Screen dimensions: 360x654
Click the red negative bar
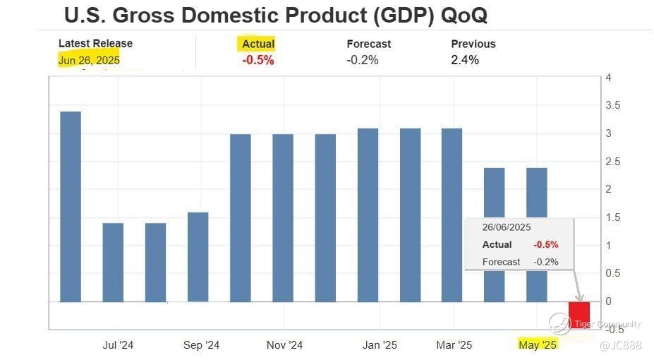579,314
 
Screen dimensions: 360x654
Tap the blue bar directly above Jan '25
368,215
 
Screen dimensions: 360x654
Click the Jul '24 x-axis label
118,345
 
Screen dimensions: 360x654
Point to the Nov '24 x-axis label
285,345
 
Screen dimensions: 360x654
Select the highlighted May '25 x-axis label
538,344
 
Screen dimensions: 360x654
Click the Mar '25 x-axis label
454,345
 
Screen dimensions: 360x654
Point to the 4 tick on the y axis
608,78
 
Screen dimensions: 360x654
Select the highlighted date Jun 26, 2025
89,60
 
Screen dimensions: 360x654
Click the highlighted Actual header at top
258,44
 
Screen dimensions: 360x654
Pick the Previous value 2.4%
465,60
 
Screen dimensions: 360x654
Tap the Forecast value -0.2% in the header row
362,60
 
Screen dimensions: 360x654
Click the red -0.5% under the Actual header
258,60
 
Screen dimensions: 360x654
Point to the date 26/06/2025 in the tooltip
507,227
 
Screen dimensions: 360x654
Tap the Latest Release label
95,44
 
